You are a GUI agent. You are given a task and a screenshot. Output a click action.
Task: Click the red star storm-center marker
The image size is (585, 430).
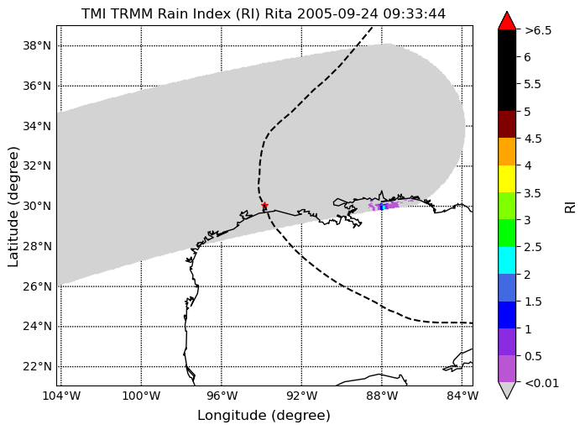pyautogui.click(x=264, y=205)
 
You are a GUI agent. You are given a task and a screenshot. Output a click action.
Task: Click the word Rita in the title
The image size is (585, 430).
pyautogui.click(x=279, y=13)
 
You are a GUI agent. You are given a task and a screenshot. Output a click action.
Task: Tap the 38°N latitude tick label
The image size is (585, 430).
pyautogui.click(x=37, y=46)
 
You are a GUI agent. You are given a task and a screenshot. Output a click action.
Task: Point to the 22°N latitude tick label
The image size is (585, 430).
pyautogui.click(x=37, y=366)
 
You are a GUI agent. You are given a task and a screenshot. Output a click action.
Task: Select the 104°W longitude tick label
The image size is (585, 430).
pyautogui.click(x=61, y=396)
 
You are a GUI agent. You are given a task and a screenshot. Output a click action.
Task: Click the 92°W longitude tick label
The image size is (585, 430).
pyautogui.click(x=302, y=396)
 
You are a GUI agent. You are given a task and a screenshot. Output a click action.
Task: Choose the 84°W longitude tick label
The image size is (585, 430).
pyautogui.click(x=462, y=396)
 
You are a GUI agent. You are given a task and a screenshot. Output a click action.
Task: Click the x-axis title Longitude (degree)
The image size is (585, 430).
pyautogui.click(x=264, y=416)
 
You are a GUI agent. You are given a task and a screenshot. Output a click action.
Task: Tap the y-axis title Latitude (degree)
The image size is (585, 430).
pyautogui.click(x=13, y=207)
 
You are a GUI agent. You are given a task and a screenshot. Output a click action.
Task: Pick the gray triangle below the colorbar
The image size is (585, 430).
pyautogui.click(x=507, y=390)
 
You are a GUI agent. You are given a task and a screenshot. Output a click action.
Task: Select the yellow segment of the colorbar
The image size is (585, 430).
pyautogui.click(x=507, y=179)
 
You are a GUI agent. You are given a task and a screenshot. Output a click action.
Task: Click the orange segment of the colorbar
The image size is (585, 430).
pyautogui.click(x=507, y=151)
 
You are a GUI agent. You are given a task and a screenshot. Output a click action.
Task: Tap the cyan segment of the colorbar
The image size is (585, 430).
pyautogui.click(x=507, y=260)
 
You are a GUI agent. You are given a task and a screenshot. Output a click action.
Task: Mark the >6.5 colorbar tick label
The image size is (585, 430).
pyautogui.click(x=538, y=30)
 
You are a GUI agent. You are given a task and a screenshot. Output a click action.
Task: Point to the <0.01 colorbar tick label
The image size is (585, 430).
pyautogui.click(x=541, y=383)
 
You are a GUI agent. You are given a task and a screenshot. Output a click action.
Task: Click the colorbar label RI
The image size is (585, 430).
pyautogui.click(x=571, y=207)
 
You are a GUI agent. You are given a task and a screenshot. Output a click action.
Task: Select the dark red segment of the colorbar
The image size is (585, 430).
pyautogui.click(x=507, y=124)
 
